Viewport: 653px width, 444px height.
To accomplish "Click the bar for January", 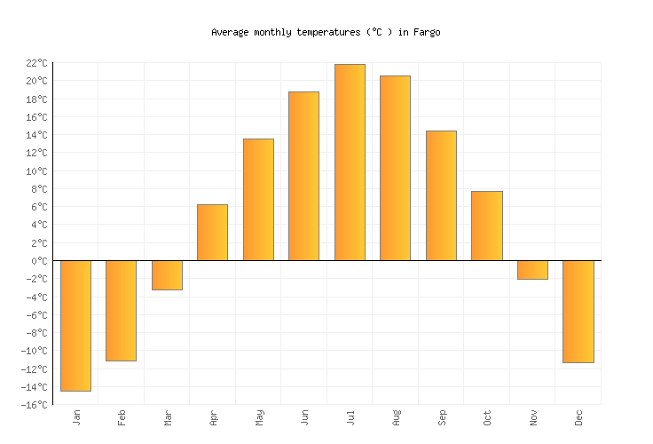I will (x=75, y=325).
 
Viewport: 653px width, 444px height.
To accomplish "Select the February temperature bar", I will (x=121, y=310).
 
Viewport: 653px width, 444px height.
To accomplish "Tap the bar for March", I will (x=167, y=275).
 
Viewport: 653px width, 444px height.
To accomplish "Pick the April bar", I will (x=212, y=233).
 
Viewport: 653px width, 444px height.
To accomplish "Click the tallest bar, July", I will (x=350, y=163).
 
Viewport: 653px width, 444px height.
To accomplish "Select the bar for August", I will (x=395, y=168).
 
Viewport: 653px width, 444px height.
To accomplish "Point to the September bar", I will (x=441, y=195).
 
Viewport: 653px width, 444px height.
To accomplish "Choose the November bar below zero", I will (x=532, y=270).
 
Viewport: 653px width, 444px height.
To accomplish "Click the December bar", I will (x=578, y=311).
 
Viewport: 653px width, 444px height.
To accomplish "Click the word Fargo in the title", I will (x=429, y=32).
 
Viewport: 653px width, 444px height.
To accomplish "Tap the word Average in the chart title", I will (x=230, y=32).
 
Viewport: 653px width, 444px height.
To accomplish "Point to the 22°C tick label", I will (x=36, y=63).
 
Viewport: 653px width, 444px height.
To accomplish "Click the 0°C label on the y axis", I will (x=39, y=261).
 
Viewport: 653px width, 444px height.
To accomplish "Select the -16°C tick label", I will (x=35, y=405).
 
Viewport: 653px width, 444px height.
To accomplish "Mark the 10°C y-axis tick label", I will (x=36, y=171).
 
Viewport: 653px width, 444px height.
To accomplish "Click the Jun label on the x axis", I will (x=304, y=418).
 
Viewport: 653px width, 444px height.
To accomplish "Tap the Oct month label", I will (x=487, y=418).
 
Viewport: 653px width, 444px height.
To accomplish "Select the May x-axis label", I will (x=258, y=418).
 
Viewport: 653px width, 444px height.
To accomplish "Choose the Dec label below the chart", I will (x=578, y=418).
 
